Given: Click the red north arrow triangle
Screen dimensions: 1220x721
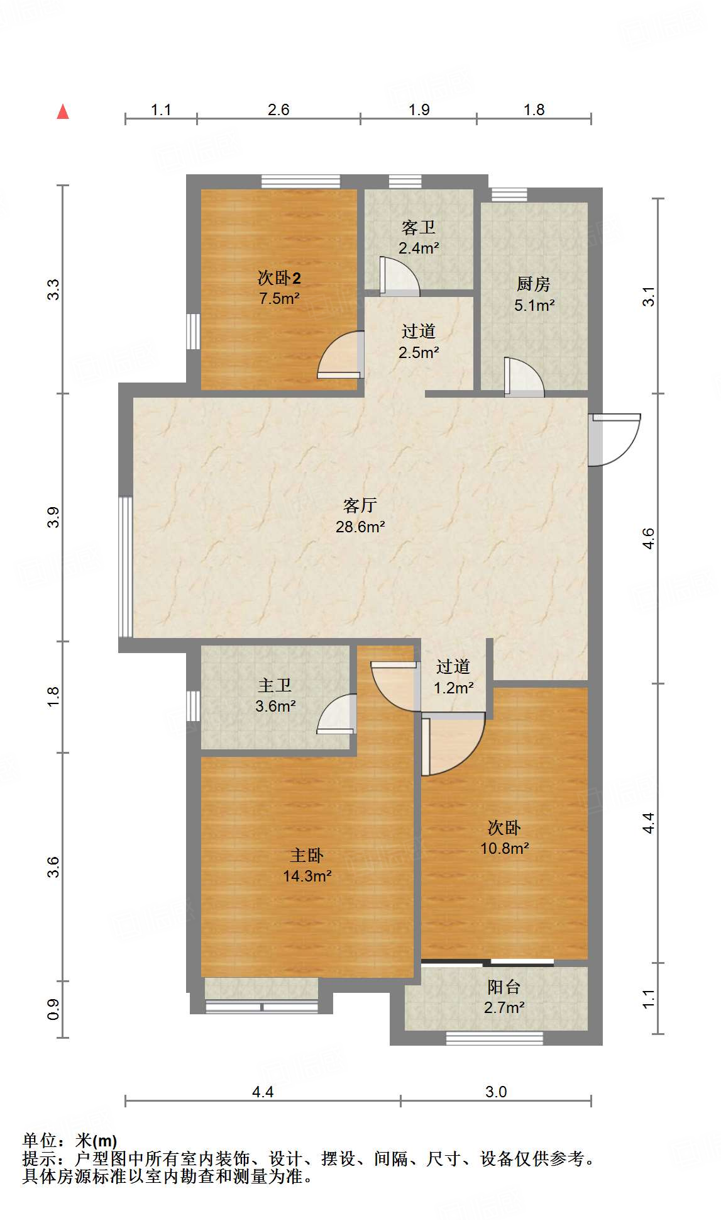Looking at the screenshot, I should coord(63,112).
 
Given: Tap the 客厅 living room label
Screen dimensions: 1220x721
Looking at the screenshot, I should coord(360,505).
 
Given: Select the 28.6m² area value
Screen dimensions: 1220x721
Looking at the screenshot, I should coord(360,527).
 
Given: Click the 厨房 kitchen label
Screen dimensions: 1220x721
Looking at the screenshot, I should coord(534,284).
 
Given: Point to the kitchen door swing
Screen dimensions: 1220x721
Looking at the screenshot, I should coord(523,378).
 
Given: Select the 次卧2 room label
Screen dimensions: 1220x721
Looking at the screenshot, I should coord(279,277).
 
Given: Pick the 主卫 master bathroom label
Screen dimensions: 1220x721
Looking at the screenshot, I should coord(275,685).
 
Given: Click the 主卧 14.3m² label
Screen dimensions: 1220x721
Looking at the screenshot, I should coord(307,865).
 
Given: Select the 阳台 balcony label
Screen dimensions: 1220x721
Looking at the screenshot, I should coord(504,987).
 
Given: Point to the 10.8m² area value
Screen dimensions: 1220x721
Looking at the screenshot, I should coord(504,848).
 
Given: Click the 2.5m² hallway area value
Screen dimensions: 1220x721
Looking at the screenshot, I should coord(418,352).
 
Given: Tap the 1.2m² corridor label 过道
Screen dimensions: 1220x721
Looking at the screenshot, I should coord(453,666).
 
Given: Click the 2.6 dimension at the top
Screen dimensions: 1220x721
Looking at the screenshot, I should coord(278,109).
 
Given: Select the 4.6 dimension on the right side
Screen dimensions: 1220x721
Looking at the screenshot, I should coord(648,539).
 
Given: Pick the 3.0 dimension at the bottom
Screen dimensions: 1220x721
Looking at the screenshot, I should coord(495,1092).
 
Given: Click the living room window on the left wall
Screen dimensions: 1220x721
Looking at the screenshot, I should coord(126,566).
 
